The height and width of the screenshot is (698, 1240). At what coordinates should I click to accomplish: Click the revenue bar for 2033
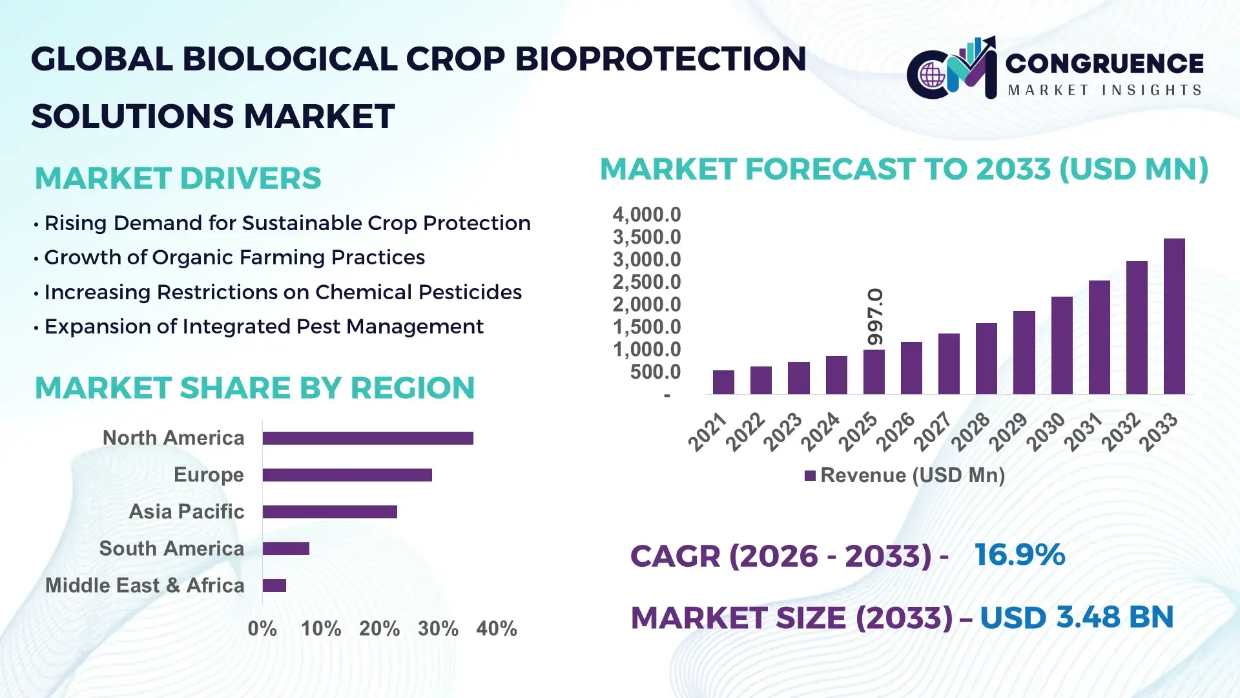(x=1174, y=317)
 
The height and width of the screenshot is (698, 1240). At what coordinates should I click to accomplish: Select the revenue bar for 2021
(x=723, y=382)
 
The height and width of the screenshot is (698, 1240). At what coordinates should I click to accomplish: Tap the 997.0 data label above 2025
(x=875, y=317)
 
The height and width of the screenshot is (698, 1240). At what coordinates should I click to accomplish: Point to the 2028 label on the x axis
(x=971, y=432)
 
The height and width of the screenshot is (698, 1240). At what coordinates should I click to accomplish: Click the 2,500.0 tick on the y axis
(x=646, y=282)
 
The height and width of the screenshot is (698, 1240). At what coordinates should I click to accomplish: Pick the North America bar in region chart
(x=367, y=438)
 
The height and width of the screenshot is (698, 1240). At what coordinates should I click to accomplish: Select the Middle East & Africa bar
(x=274, y=586)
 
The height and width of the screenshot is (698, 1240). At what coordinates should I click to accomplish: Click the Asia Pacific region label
(x=186, y=511)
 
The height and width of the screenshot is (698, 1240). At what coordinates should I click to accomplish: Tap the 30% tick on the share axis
(x=438, y=628)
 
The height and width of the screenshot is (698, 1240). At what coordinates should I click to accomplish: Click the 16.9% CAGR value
(x=1019, y=555)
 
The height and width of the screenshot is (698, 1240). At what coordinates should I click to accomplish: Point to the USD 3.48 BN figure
(x=1076, y=617)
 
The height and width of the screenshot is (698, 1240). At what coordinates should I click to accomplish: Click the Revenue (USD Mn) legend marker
(x=810, y=476)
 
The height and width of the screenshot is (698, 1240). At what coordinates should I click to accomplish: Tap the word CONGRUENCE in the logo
(x=1104, y=63)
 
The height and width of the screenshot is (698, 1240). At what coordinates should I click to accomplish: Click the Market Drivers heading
(x=178, y=178)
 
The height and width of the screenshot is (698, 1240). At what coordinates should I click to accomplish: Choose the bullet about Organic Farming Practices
(x=234, y=257)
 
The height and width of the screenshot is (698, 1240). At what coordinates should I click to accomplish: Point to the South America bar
(x=286, y=549)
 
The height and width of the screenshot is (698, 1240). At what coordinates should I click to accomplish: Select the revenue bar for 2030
(x=1062, y=346)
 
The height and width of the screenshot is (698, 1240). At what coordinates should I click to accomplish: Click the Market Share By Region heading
(x=254, y=388)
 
